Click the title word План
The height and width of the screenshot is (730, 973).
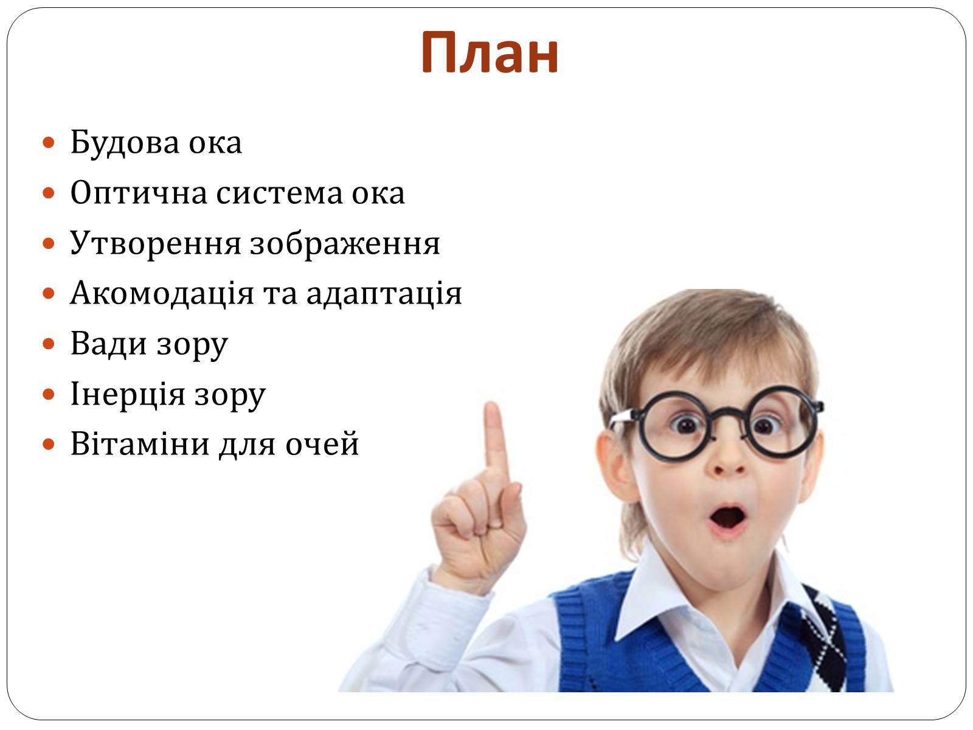click(x=490, y=53)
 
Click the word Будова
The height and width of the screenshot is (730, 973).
click(x=125, y=142)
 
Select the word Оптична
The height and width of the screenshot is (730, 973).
click(x=139, y=193)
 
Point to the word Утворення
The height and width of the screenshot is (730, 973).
click(x=155, y=244)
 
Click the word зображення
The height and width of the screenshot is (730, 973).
click(x=345, y=244)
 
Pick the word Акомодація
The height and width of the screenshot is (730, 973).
click(x=162, y=294)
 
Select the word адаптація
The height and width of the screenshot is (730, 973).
click(x=384, y=294)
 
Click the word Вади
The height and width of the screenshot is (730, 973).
click(x=109, y=344)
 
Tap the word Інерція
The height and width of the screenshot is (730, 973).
click(x=128, y=394)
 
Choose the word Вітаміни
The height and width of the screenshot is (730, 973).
click(x=140, y=443)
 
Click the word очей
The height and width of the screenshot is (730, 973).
click(x=322, y=443)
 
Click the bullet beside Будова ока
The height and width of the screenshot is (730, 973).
click(x=48, y=143)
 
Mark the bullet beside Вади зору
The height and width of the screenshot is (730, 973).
click(x=48, y=344)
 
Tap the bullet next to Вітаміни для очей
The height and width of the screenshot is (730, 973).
click(x=48, y=445)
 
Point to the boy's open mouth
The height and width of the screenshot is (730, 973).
click(x=727, y=518)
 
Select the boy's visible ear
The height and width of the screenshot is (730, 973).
click(x=614, y=465)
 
